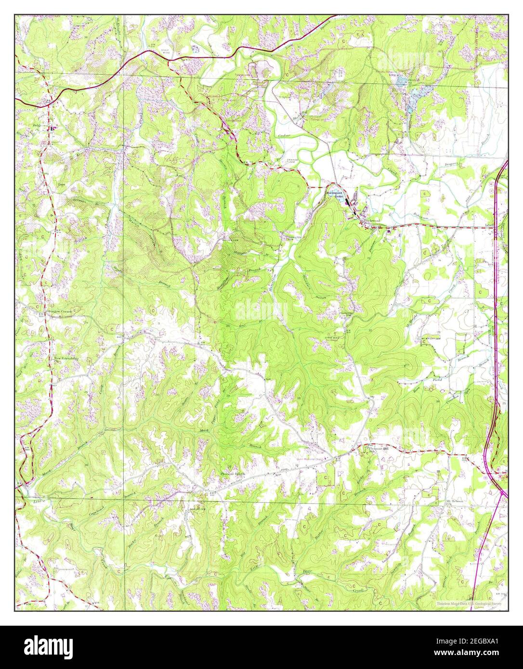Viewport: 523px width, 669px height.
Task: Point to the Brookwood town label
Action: click(372, 220)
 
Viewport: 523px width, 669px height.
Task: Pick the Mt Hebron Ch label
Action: click(454, 502)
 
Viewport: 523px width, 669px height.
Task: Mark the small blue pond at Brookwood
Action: click(347, 201)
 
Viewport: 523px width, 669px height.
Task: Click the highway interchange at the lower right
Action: click(502, 493)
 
